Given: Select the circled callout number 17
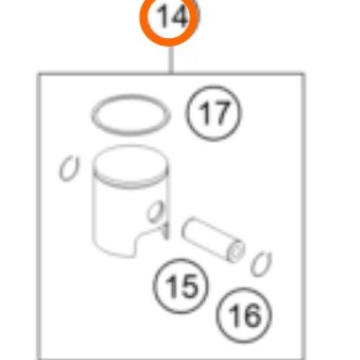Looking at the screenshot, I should [213, 114].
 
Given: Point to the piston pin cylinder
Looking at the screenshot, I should [210, 238].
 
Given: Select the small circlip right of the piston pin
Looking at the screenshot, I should [262, 264].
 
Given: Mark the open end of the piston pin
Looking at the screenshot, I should [235, 252].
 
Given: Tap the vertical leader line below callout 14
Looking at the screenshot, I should [171, 57].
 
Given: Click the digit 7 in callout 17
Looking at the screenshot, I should [222, 114].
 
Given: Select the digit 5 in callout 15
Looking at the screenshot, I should [188, 287].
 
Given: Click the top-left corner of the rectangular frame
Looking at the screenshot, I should [38, 73].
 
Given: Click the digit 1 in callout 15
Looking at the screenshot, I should [172, 287].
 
